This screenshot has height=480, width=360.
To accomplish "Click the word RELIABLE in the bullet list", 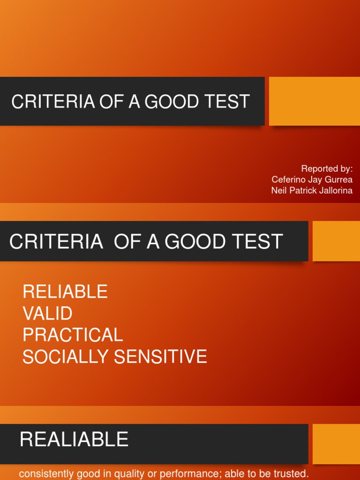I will click(x=65, y=292).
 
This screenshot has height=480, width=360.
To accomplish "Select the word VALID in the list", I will click(x=47, y=314).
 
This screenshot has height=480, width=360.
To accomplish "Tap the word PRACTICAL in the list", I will click(x=73, y=335).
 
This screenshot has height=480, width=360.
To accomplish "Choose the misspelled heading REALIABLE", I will click(x=74, y=440).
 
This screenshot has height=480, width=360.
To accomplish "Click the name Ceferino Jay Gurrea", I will click(x=312, y=180).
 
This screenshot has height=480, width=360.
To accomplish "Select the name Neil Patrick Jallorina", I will click(x=312, y=191).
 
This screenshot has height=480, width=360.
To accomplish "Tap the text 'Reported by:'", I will click(x=327, y=169).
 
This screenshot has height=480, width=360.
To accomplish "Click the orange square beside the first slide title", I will click(x=314, y=101).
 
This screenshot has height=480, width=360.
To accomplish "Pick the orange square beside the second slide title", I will click(x=336, y=241).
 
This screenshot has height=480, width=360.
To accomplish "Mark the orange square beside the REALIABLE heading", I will click(x=336, y=444).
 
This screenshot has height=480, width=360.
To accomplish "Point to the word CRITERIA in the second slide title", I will click(x=56, y=242).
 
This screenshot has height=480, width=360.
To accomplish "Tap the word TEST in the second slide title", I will click(x=258, y=242).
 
